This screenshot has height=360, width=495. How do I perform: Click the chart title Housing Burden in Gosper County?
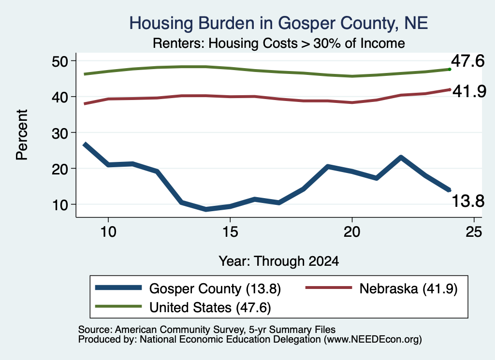278,24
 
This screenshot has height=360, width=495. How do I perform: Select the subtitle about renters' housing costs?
279,43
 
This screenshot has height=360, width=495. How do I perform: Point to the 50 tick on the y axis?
60,61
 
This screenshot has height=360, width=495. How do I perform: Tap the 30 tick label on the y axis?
60,133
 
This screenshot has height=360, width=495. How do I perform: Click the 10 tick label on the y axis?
60,205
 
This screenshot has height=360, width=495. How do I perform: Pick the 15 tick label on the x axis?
230,232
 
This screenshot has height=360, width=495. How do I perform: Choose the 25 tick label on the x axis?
474,232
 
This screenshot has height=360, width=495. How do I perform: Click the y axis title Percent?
22,135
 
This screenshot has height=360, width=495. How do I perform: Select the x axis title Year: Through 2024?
279,261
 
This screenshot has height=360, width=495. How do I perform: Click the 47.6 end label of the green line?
467,61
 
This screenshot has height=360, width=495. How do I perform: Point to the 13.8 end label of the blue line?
468,201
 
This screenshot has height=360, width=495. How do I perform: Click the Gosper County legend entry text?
215,288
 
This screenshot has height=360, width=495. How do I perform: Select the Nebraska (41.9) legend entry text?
408,288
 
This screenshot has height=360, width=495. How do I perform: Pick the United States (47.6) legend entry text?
210,308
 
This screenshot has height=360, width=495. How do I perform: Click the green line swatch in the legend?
118,306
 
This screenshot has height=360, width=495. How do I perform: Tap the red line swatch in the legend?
329,288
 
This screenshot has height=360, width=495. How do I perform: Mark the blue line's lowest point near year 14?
206,209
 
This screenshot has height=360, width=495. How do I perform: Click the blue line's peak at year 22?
401,157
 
